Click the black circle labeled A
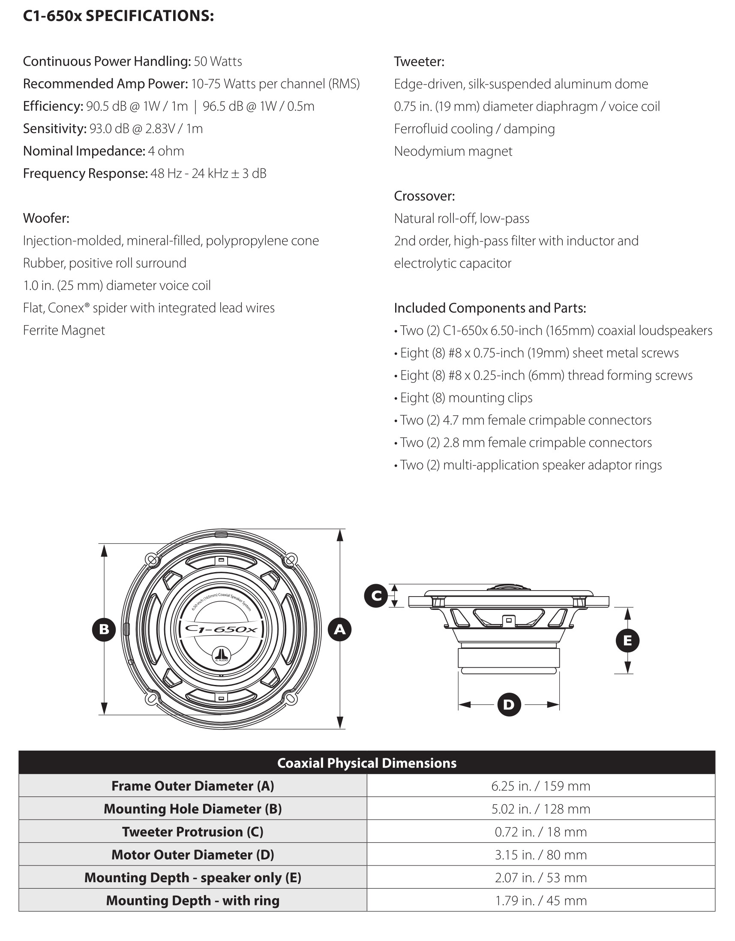(340, 630)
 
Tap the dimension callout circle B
(104, 630)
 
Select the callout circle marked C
(376, 596)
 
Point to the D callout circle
(509, 704)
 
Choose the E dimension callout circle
(627, 640)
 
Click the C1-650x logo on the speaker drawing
(221, 630)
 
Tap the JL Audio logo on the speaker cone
(221, 656)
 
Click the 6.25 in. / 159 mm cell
(540, 786)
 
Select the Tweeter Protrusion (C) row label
(192, 832)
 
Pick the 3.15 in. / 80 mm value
(540, 855)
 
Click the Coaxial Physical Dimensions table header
(367, 763)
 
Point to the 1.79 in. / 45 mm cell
(540, 901)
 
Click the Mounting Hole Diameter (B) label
(192, 809)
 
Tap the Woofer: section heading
(46, 218)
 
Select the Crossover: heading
(424, 196)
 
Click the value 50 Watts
(218, 61)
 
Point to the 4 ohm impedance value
(166, 151)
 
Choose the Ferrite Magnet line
(64, 330)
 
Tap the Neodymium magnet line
(453, 151)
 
